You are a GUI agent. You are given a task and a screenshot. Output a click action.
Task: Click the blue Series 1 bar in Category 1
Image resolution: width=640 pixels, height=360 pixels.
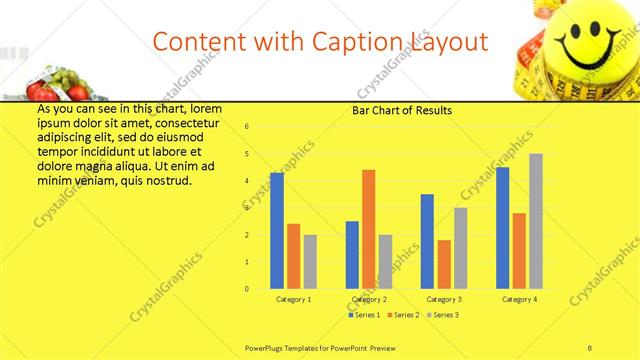(x=277, y=231)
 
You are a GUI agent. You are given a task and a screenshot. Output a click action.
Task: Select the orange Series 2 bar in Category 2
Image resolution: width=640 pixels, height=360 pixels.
(x=368, y=229)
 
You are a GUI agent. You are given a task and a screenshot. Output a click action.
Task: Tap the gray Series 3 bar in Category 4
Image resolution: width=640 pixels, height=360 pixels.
(x=536, y=221)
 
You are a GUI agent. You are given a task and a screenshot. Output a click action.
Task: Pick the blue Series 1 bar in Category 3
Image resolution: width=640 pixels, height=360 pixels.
(x=427, y=241)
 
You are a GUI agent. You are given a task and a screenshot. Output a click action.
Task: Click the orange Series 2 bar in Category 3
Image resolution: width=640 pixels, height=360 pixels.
(x=444, y=264)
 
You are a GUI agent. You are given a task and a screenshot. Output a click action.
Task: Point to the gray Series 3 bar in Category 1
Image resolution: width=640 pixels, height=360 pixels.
(x=310, y=262)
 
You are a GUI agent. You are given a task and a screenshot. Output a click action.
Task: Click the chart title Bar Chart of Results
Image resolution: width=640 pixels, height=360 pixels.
(x=402, y=110)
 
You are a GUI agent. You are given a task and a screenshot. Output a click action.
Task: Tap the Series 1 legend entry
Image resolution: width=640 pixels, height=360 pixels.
(x=364, y=315)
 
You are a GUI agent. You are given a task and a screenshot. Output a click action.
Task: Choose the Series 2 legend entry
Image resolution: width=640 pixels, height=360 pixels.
(x=402, y=315)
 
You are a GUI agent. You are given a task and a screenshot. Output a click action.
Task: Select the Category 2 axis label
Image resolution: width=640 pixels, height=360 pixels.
(x=369, y=299)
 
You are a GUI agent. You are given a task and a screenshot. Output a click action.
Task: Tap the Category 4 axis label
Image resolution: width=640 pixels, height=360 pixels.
(x=519, y=299)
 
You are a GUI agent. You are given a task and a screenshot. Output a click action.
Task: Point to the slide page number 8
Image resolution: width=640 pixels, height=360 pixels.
(x=589, y=347)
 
